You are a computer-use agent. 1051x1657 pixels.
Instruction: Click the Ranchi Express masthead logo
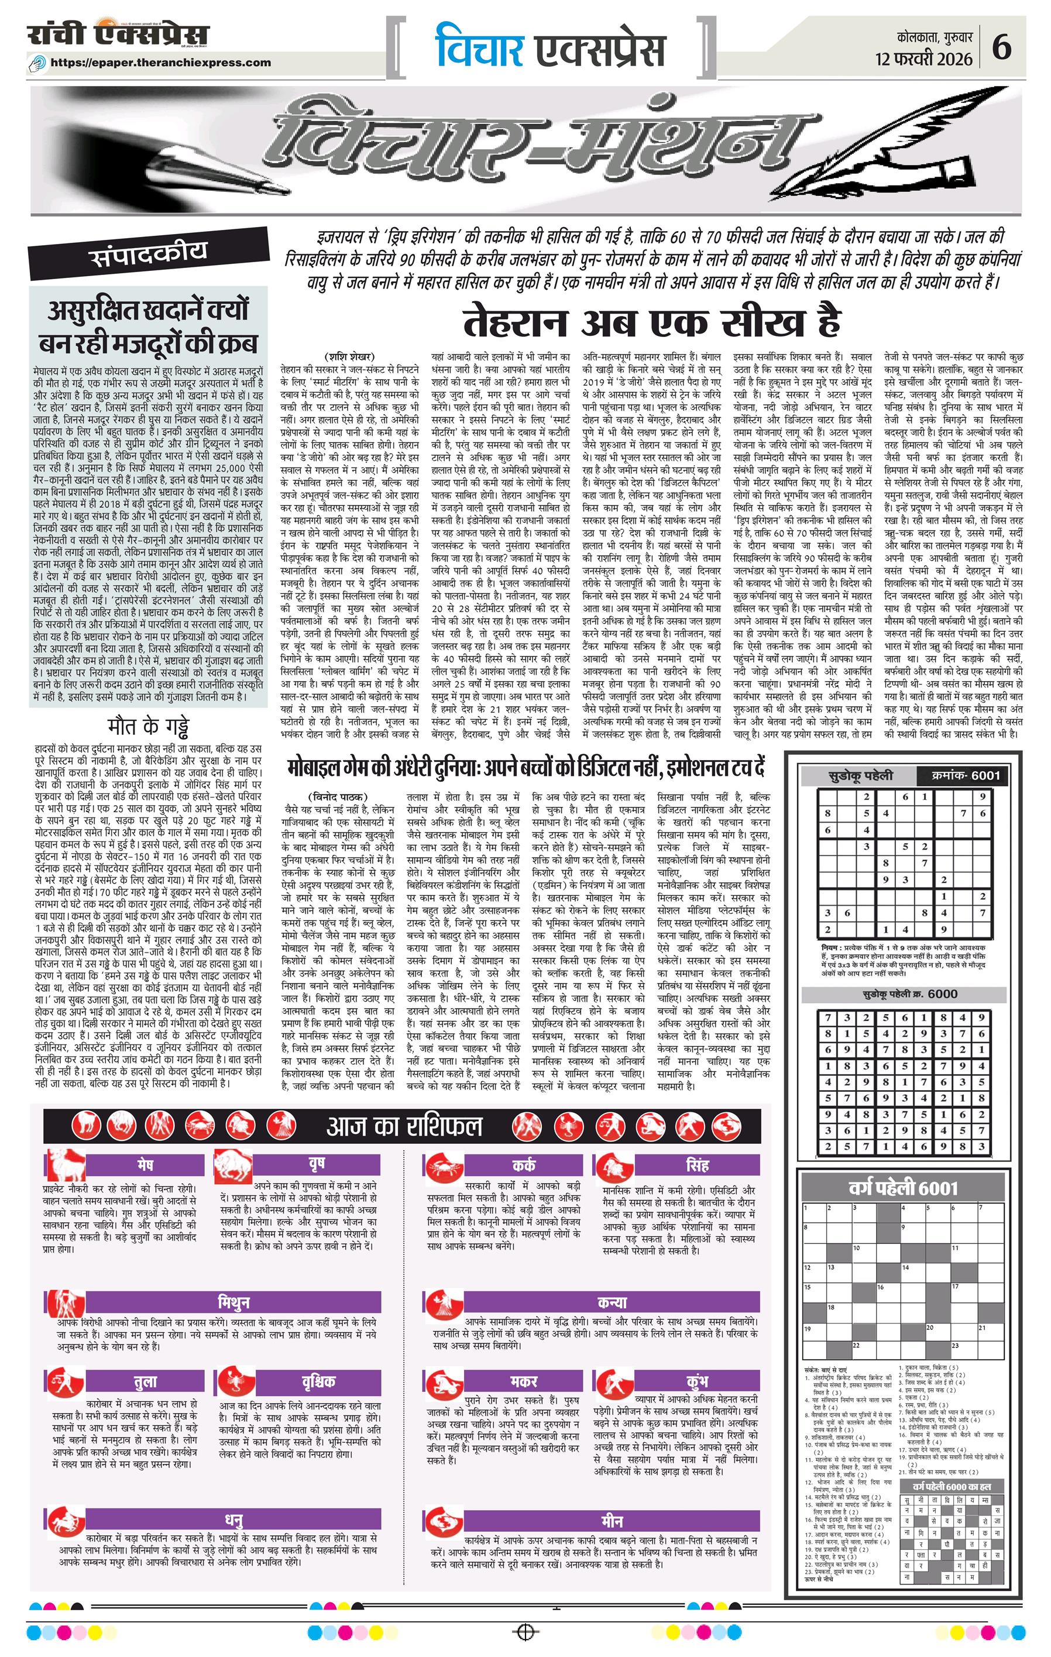(119, 35)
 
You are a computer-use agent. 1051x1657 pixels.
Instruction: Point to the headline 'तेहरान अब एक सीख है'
(651, 322)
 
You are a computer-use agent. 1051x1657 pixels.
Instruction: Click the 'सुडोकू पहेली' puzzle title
(860, 775)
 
